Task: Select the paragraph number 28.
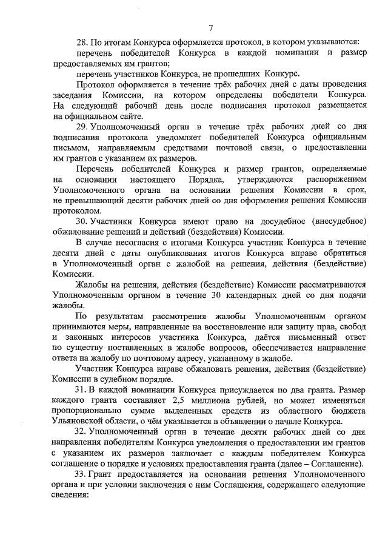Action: [82, 42]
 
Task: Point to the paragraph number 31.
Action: [81, 391]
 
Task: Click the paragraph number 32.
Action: [81, 432]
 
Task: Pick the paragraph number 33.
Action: [81, 473]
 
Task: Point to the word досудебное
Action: [270, 221]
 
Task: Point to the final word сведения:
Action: [71, 494]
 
